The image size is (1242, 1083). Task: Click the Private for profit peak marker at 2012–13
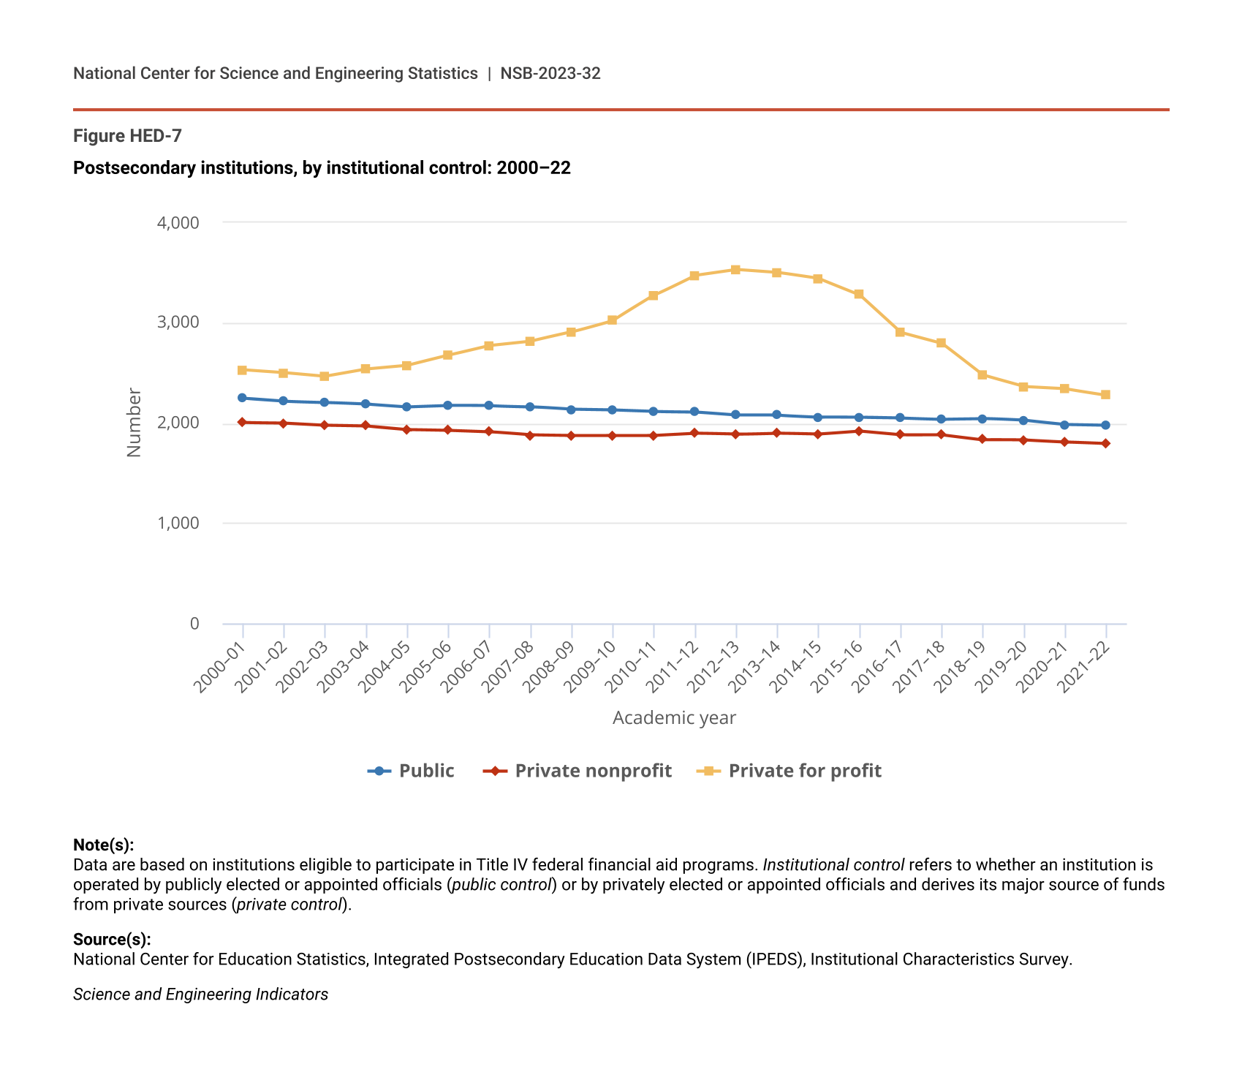(x=735, y=270)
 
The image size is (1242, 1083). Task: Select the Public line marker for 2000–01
(x=242, y=398)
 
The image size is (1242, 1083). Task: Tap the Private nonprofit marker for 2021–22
(x=1105, y=443)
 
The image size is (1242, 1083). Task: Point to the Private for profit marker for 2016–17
(x=900, y=332)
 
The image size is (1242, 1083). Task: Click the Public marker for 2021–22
(x=1105, y=425)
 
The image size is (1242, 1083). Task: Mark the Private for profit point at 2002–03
(x=325, y=377)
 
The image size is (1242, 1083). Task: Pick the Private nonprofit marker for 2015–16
(x=859, y=431)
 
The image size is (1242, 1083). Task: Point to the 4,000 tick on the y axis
(x=178, y=222)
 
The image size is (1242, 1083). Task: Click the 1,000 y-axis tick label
(x=178, y=523)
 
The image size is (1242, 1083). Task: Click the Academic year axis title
(x=674, y=718)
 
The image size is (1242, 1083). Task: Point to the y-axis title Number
(x=134, y=423)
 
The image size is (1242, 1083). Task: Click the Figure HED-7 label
(x=127, y=136)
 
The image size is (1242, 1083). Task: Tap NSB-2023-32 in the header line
(x=550, y=73)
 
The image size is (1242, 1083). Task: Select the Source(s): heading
(x=112, y=939)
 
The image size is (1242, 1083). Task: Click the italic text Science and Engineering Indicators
(x=200, y=995)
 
